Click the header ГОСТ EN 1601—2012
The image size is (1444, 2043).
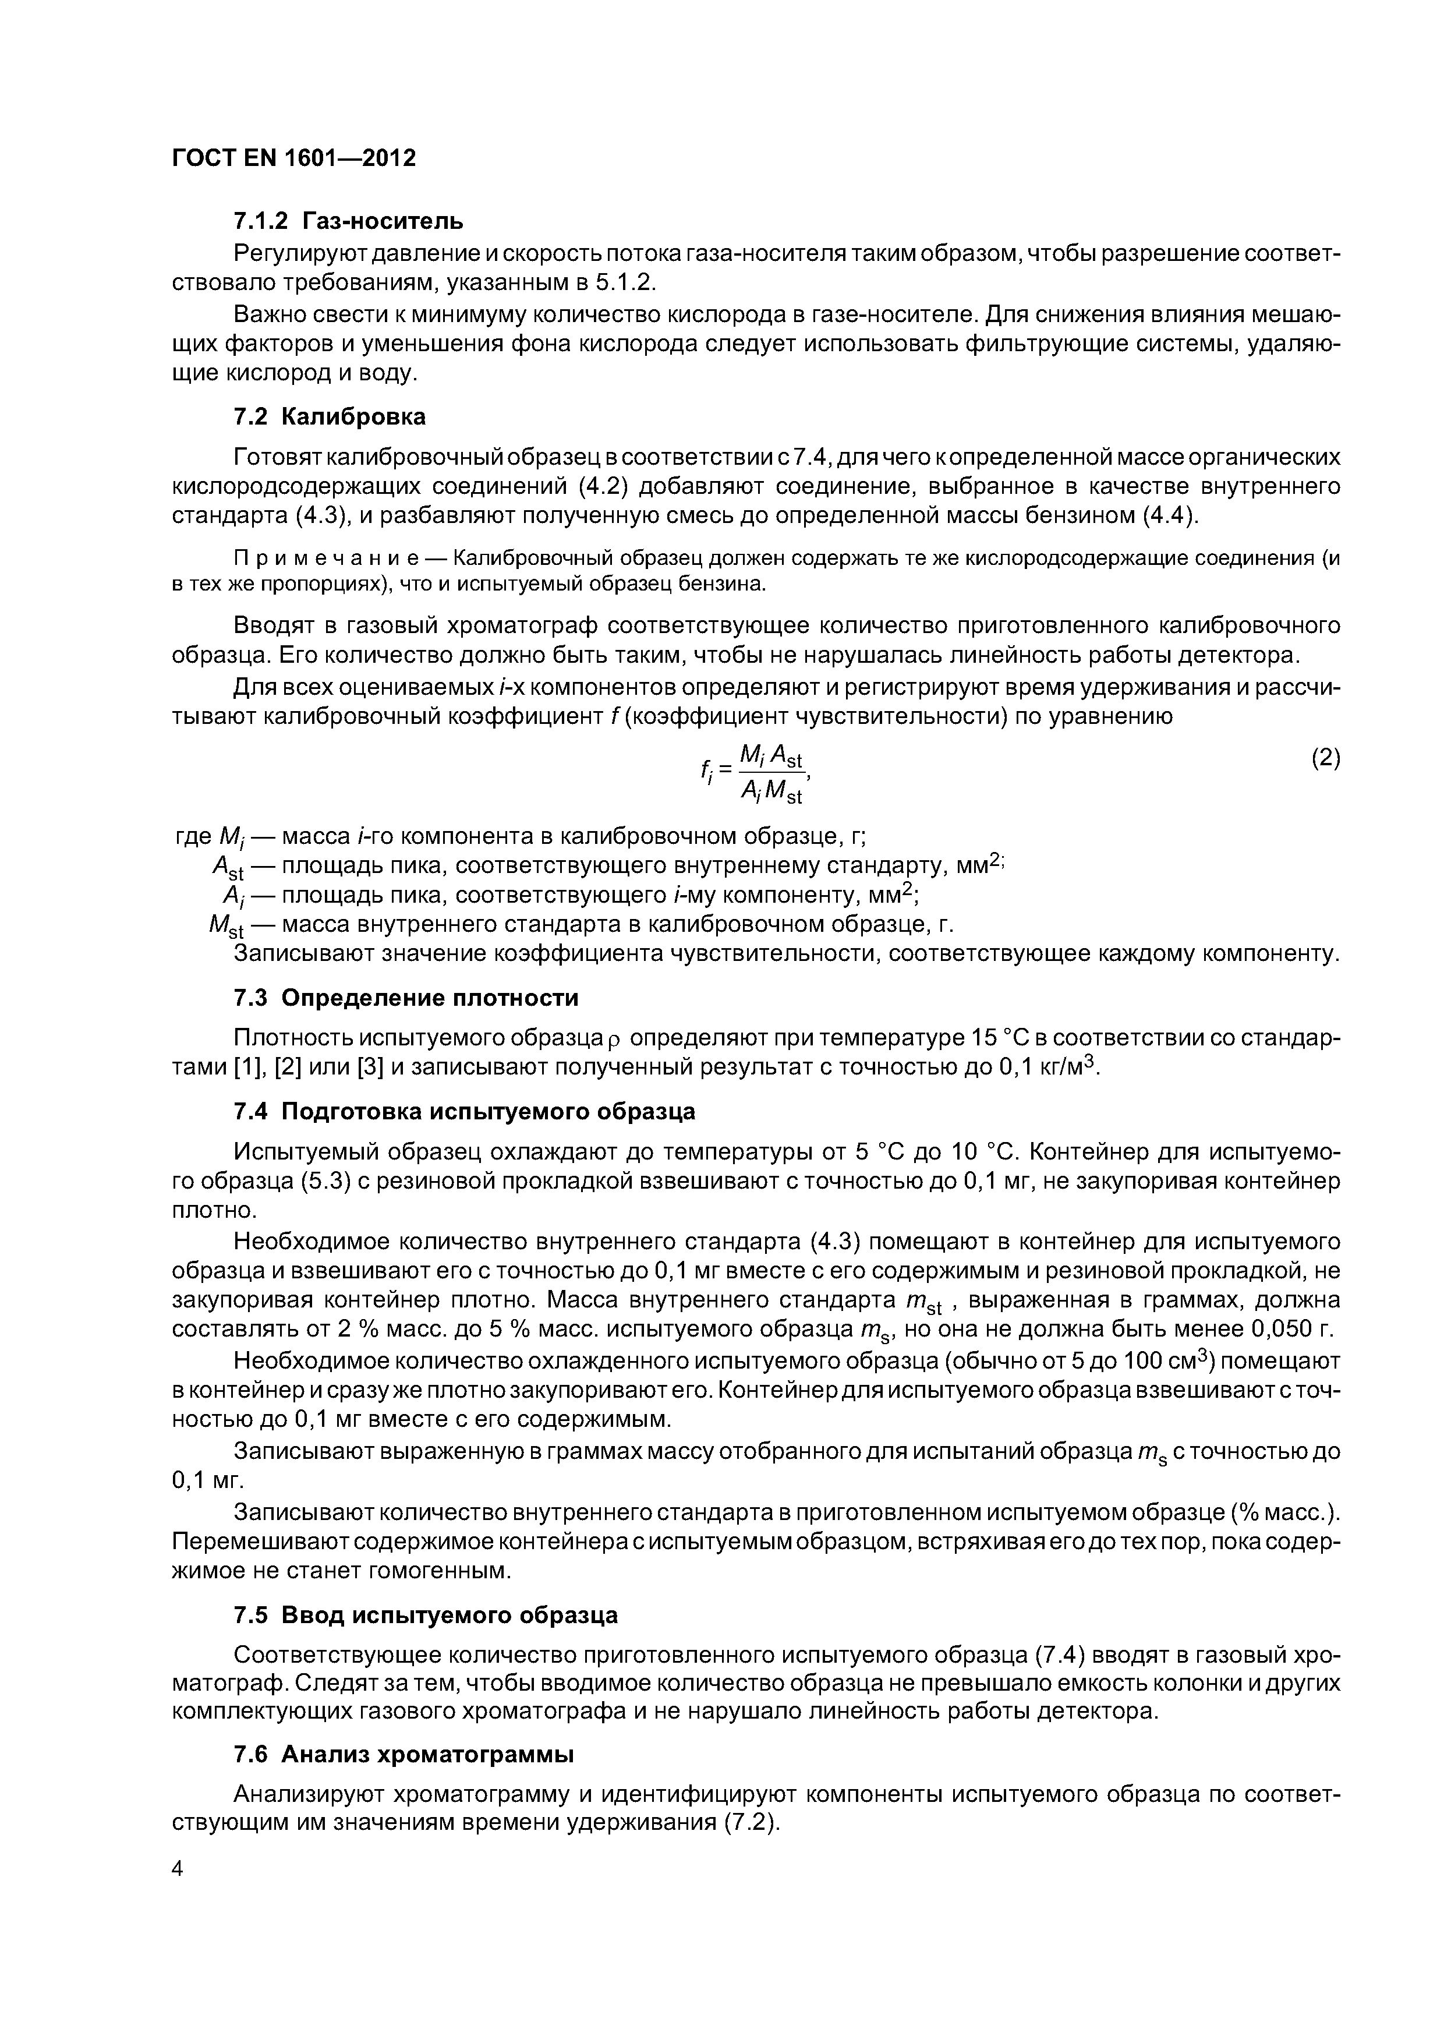click(x=293, y=158)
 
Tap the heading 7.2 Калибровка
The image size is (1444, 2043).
click(x=329, y=416)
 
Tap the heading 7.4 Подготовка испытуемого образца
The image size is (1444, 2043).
click(x=463, y=1111)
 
